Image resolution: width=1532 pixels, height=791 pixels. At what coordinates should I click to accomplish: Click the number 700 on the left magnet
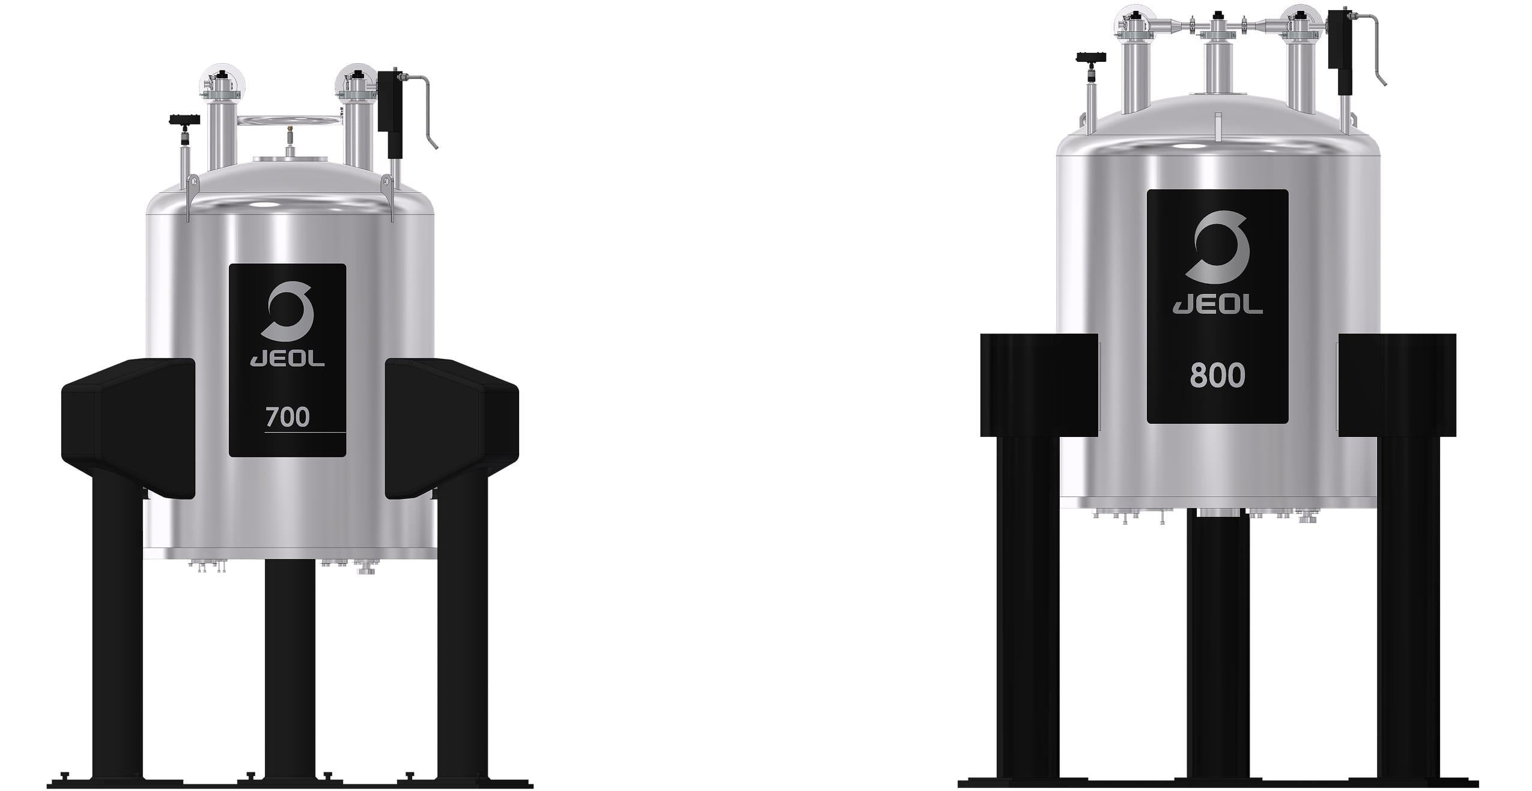click(x=287, y=417)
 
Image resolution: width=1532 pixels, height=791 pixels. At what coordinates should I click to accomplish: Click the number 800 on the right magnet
click(x=1217, y=376)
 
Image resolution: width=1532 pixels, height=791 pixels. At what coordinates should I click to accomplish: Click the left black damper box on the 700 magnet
click(x=129, y=428)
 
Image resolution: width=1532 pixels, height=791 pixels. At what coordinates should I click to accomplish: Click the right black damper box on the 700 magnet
click(x=452, y=428)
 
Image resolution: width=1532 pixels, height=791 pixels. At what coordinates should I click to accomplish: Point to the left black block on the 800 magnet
click(x=1039, y=385)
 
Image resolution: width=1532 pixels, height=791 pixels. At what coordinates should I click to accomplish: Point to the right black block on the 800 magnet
click(x=1397, y=385)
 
